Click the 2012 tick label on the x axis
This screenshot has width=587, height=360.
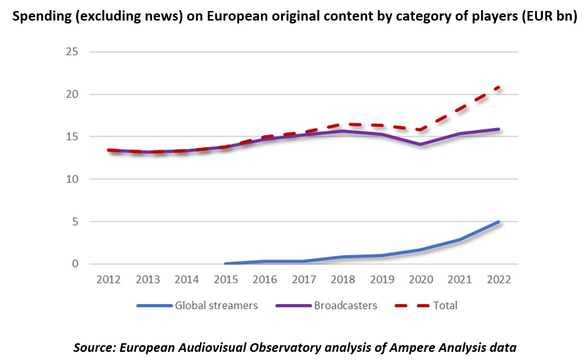click(109, 279)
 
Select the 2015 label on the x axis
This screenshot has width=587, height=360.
click(226, 279)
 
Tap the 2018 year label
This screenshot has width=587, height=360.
click(343, 279)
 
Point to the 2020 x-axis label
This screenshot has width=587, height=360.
click(421, 279)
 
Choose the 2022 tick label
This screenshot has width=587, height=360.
click(499, 279)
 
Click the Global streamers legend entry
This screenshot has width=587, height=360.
click(216, 305)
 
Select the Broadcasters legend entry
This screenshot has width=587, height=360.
click(345, 305)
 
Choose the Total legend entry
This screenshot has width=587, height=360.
click(445, 305)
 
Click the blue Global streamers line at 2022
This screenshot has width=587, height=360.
click(498, 222)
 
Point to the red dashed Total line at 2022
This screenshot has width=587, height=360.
click(498, 87)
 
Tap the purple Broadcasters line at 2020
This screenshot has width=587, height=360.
click(421, 144)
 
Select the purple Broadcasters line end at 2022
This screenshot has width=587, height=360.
click(498, 129)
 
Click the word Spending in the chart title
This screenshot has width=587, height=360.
click(34, 18)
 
